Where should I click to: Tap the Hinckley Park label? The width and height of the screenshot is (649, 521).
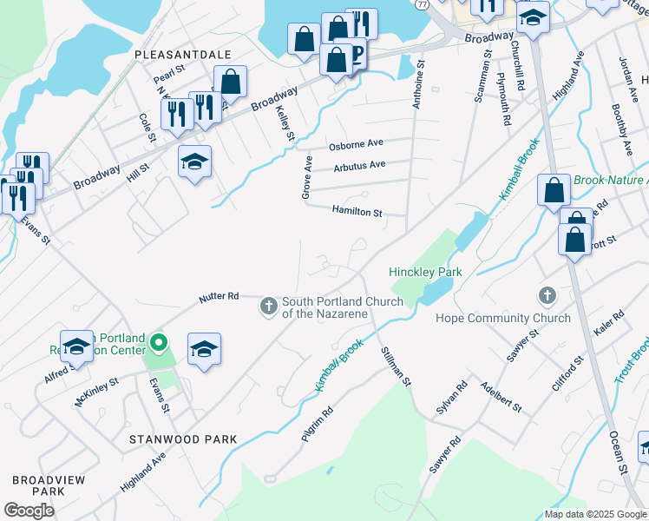tap(425, 272)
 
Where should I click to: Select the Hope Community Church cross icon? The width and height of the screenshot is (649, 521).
tap(547, 295)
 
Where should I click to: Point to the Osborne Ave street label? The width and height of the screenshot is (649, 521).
tap(356, 143)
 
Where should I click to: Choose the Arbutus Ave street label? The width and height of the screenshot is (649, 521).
tap(358, 165)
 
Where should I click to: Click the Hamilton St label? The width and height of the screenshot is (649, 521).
tap(357, 211)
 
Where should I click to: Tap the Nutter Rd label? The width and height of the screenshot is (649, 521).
tap(218, 296)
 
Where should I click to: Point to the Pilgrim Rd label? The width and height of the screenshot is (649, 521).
tap(318, 425)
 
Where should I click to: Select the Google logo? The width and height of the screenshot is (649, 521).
tap(29, 510)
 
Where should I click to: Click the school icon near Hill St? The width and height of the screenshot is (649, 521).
tap(195, 162)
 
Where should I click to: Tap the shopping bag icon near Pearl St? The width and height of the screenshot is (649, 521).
tap(230, 82)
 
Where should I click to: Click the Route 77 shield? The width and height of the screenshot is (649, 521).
tap(421, 4)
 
